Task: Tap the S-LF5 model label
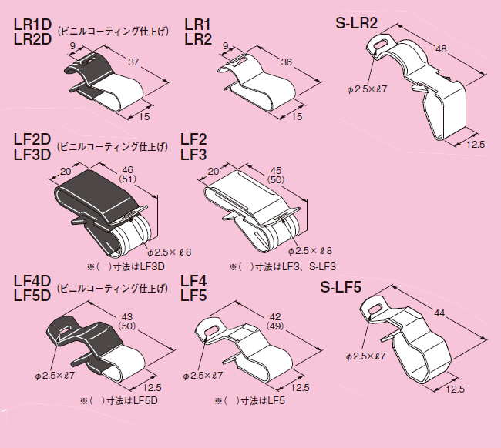(x=347, y=289)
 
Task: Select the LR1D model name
(x=32, y=24)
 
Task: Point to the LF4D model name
(x=32, y=280)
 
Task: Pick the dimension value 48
(x=442, y=48)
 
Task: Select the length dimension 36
(x=287, y=62)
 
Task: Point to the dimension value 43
(x=126, y=317)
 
